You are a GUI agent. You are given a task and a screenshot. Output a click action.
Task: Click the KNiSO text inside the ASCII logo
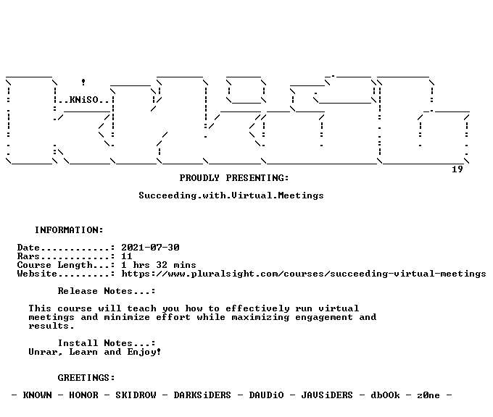click(x=83, y=100)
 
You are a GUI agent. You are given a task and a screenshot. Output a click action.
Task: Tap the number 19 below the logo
click(x=457, y=169)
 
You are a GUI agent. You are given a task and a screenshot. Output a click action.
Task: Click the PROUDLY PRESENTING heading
click(x=234, y=178)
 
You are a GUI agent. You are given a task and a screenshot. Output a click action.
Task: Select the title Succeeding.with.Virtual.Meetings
click(x=231, y=195)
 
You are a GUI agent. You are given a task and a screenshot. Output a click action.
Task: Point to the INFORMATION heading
click(x=69, y=230)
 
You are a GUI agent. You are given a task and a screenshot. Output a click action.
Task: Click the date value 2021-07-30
click(x=150, y=248)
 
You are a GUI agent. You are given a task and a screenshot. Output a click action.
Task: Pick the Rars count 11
click(x=127, y=256)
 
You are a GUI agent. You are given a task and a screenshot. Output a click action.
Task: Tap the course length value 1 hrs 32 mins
click(x=159, y=265)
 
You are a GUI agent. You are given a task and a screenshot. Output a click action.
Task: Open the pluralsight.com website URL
click(x=304, y=274)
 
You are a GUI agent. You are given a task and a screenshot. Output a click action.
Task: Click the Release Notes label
click(x=107, y=291)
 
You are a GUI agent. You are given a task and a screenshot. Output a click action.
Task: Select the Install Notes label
click(x=107, y=343)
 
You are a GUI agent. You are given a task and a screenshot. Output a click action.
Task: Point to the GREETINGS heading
click(x=86, y=378)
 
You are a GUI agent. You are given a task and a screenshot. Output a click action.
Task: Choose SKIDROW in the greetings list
click(x=136, y=395)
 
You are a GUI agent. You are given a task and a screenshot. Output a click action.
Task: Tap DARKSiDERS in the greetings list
click(x=202, y=395)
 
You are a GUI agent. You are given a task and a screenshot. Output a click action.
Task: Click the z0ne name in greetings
click(x=428, y=395)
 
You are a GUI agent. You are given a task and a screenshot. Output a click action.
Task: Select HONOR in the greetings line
click(x=83, y=395)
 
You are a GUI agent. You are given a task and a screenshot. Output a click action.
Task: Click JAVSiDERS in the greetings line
click(x=327, y=395)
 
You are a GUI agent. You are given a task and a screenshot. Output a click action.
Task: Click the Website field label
click(x=37, y=274)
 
